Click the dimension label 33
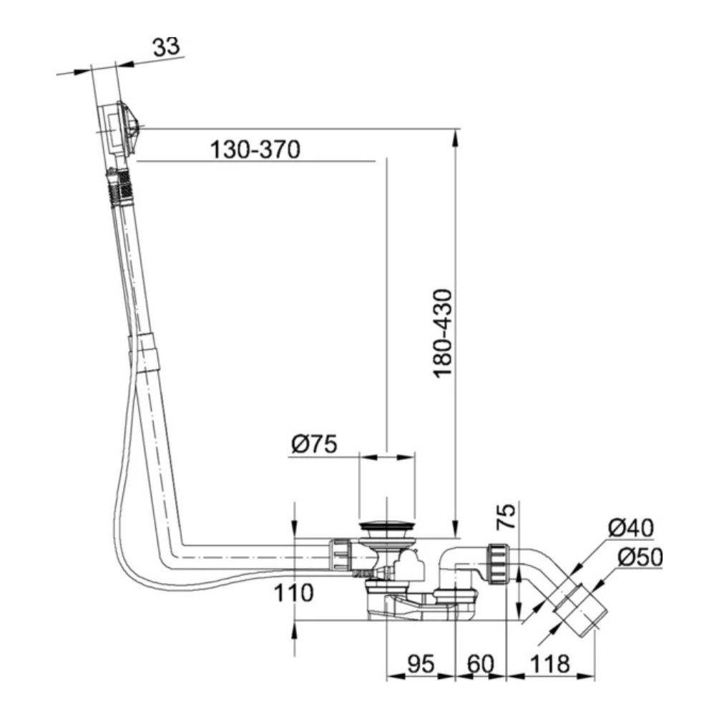pos(167,47)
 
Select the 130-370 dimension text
pos(255,150)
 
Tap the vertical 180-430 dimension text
pos(443,333)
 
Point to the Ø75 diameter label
pos(315,444)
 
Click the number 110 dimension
pos(293,592)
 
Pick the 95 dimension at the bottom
pos(421,664)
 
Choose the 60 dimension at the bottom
pos(481,664)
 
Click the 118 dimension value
pos(549,664)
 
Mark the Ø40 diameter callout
pos(631,528)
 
